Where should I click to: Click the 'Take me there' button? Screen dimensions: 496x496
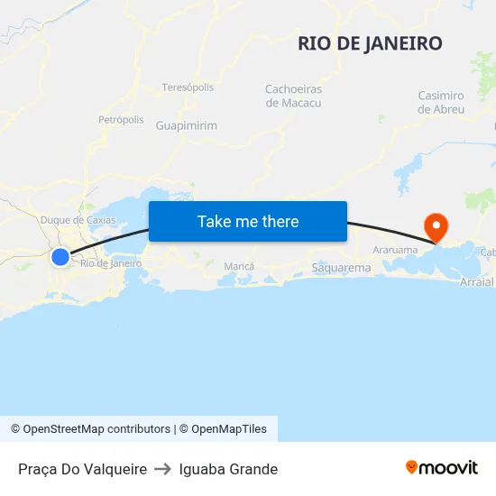tap(248, 222)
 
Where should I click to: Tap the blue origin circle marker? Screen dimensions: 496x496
tap(60, 257)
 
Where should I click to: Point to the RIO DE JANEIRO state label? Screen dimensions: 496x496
tap(370, 43)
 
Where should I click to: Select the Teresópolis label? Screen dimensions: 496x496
tap(188, 87)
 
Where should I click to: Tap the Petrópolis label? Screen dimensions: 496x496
tap(121, 119)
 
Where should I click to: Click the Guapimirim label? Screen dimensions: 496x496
tap(187, 126)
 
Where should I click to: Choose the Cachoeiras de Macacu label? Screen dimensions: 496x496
tap(293, 96)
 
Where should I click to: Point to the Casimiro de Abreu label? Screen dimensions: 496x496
tap(441, 102)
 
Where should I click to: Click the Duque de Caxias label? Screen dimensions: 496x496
tap(78, 219)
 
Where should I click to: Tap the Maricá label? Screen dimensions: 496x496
tap(239, 267)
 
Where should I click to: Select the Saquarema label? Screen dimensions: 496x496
tap(341, 268)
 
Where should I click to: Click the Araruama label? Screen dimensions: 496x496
tap(395, 250)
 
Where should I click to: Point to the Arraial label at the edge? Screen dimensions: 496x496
tap(477, 281)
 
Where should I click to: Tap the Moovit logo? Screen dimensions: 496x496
tap(442, 468)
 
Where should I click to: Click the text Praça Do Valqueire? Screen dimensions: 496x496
tap(82, 469)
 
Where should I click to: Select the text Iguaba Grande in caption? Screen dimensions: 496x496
tap(228, 469)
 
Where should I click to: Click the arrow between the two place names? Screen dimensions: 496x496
tap(162, 469)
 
